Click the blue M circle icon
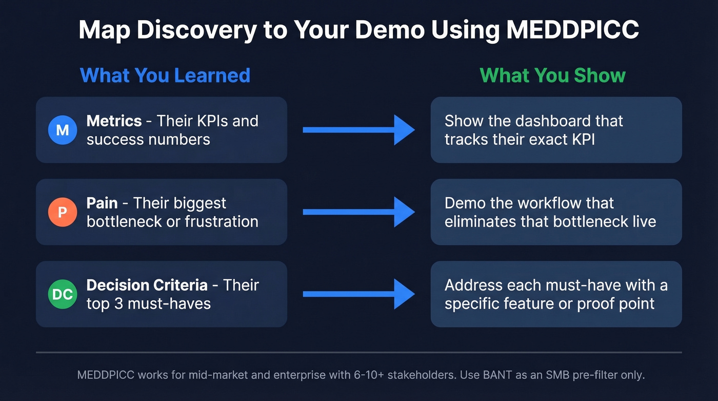tap(62, 130)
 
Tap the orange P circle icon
tap(62, 212)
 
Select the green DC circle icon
tap(62, 294)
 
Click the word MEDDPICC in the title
tap(572, 31)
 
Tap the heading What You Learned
tap(165, 75)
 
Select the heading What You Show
tap(552, 75)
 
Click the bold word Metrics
tap(114, 121)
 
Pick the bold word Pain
tap(102, 203)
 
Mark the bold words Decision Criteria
tap(147, 285)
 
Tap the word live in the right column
tap(644, 221)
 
